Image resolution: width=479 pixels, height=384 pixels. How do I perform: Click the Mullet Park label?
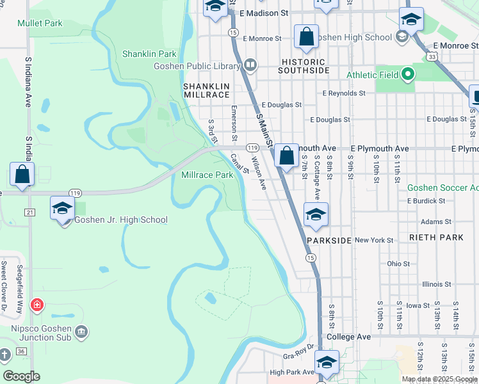[40, 23]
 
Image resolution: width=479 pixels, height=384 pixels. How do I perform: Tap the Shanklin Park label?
[149, 54]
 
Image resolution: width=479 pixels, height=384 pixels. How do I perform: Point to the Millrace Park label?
[207, 174]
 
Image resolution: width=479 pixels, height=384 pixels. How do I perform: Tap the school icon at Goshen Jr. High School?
[63, 209]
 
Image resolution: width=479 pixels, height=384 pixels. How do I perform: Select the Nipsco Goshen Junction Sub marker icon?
[81, 331]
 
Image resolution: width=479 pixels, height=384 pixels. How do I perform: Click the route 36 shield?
[22, 351]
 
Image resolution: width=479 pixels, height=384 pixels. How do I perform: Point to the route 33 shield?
[434, 57]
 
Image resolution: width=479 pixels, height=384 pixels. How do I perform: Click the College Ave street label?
[348, 337]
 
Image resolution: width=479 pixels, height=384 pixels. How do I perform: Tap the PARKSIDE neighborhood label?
[329, 241]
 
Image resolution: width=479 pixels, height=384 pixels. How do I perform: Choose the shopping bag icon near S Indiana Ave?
[22, 174]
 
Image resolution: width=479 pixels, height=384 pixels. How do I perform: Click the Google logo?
[21, 376]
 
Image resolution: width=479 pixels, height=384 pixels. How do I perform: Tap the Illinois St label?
[437, 284]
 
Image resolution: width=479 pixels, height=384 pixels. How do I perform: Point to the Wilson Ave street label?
[259, 174]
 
